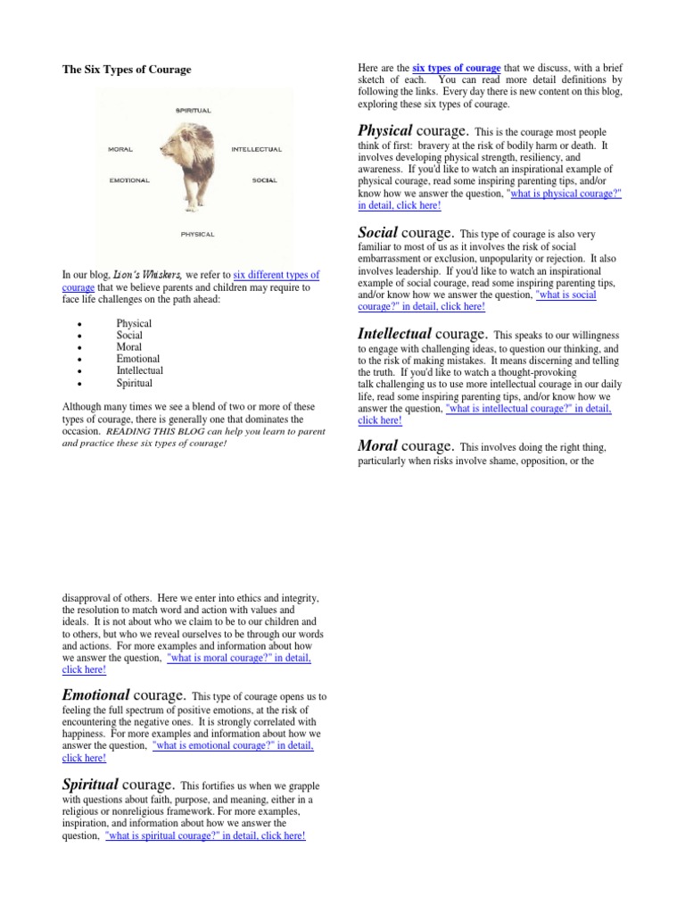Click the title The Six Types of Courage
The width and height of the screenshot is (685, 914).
coord(126,70)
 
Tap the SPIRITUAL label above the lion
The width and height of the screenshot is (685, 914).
coord(193,111)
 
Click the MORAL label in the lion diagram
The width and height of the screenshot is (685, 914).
coord(120,149)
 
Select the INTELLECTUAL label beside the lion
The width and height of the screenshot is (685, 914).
coord(256,149)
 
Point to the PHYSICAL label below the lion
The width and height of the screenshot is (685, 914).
coord(197,234)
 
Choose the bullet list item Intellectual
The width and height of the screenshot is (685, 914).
coord(139,370)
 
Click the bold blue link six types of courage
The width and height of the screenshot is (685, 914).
coord(456,69)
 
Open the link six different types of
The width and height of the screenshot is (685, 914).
coord(276,275)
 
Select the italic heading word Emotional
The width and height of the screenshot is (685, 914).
coord(96,694)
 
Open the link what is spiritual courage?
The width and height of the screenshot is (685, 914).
coord(205,836)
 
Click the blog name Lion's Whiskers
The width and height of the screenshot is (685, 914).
coord(161,275)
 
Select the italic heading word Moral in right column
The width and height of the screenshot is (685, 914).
coord(377,445)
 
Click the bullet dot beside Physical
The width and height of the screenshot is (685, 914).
coord(81,324)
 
